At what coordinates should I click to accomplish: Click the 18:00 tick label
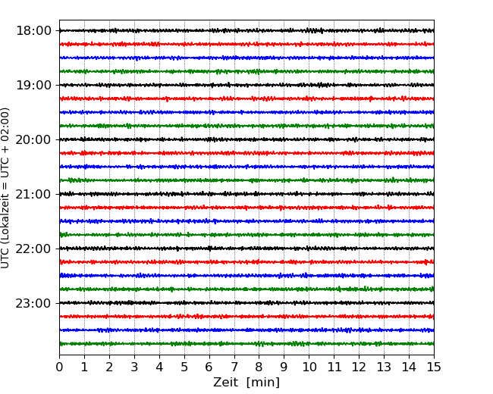tap(33, 31)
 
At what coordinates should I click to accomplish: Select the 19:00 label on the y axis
tap(33, 85)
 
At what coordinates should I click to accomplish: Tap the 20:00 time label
tap(33, 139)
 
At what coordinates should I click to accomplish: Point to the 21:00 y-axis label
tap(33, 194)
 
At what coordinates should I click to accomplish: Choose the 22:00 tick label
tap(33, 249)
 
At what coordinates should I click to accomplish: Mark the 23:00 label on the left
tap(33, 303)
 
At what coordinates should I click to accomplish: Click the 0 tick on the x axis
tap(59, 367)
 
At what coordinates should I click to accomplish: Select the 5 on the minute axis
tap(184, 367)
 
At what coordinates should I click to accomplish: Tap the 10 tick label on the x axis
tap(309, 367)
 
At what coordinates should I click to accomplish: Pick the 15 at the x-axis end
tap(434, 367)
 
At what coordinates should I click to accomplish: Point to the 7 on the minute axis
tap(234, 367)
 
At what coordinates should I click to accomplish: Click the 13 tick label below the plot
tap(384, 367)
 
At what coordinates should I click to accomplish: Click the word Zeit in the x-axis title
tap(225, 382)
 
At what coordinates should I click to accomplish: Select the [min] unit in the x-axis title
tap(263, 383)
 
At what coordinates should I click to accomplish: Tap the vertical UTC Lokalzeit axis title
tap(5, 188)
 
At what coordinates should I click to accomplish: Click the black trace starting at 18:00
tap(246, 30)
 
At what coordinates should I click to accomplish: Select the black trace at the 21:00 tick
tap(246, 194)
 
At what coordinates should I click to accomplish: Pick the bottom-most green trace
tap(246, 344)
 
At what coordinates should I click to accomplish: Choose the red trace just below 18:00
tap(246, 44)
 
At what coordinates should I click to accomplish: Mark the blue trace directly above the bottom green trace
tap(246, 330)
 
